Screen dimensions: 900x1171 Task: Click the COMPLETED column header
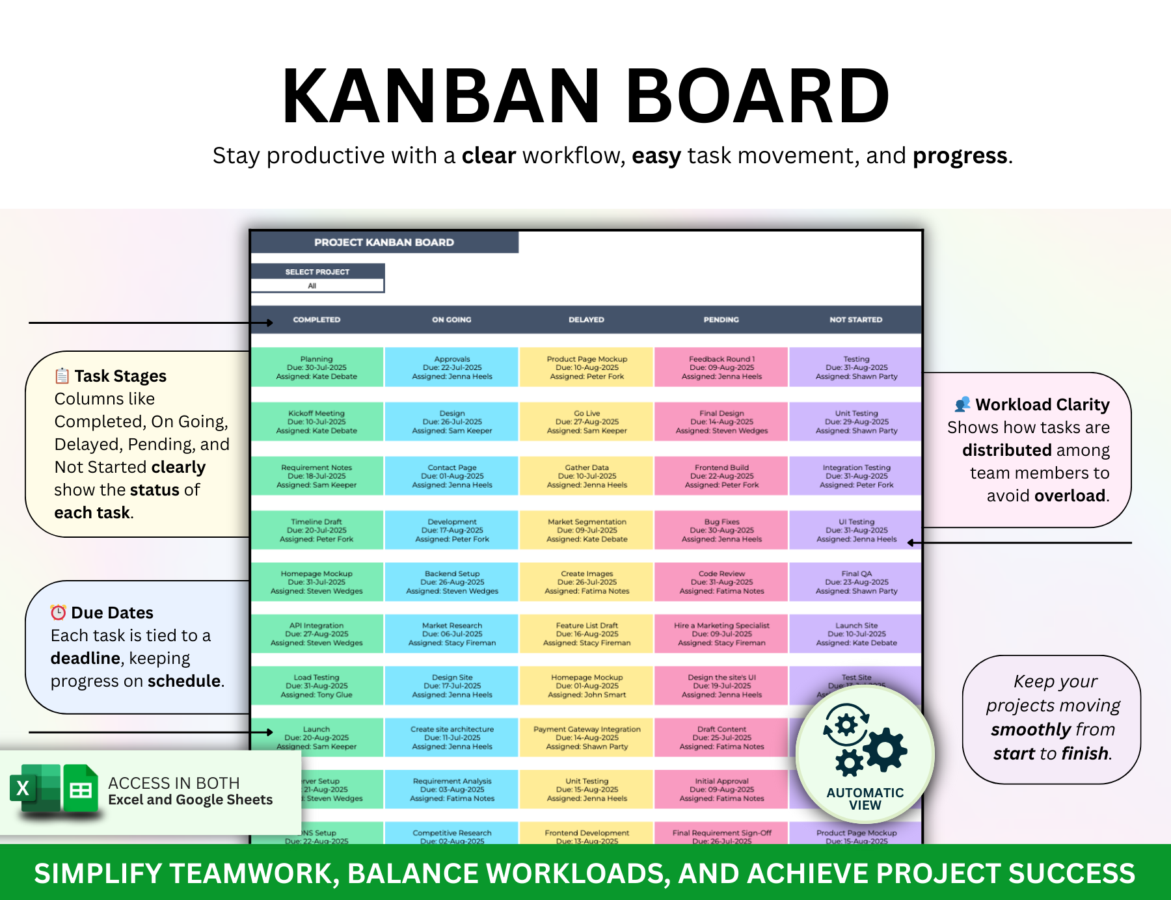click(316, 319)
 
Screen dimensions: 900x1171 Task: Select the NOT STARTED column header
click(855, 319)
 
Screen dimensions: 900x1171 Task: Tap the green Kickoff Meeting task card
click(317, 421)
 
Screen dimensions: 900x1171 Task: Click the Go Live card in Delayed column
click(587, 421)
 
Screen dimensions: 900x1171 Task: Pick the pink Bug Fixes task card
click(721, 530)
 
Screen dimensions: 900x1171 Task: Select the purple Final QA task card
click(856, 582)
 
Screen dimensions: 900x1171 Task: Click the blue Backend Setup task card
click(452, 582)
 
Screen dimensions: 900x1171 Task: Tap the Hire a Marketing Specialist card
click(721, 633)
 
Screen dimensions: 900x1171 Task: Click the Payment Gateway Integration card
click(587, 737)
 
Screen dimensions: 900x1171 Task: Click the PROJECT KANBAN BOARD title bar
click(384, 242)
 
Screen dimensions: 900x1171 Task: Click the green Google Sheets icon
click(81, 789)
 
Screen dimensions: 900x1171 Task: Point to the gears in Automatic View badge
click(865, 741)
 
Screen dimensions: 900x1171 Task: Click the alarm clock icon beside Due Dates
click(59, 613)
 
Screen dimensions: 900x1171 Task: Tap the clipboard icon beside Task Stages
click(62, 376)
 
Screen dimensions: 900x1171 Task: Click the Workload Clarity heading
click(1042, 404)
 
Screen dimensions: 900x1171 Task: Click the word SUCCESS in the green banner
click(1071, 873)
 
